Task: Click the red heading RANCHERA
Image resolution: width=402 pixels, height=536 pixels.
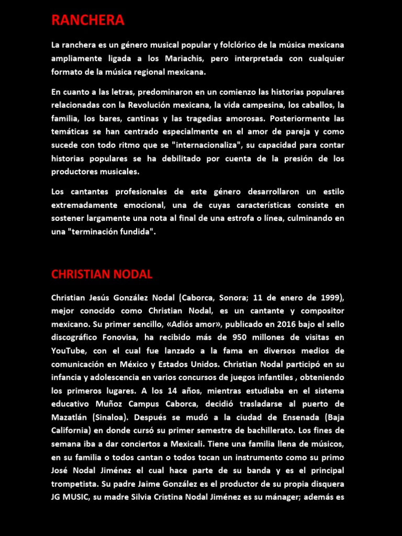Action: tap(88, 20)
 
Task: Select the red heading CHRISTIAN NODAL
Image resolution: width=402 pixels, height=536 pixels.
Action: tap(102, 274)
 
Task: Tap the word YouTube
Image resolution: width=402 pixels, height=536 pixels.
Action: tap(69, 351)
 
